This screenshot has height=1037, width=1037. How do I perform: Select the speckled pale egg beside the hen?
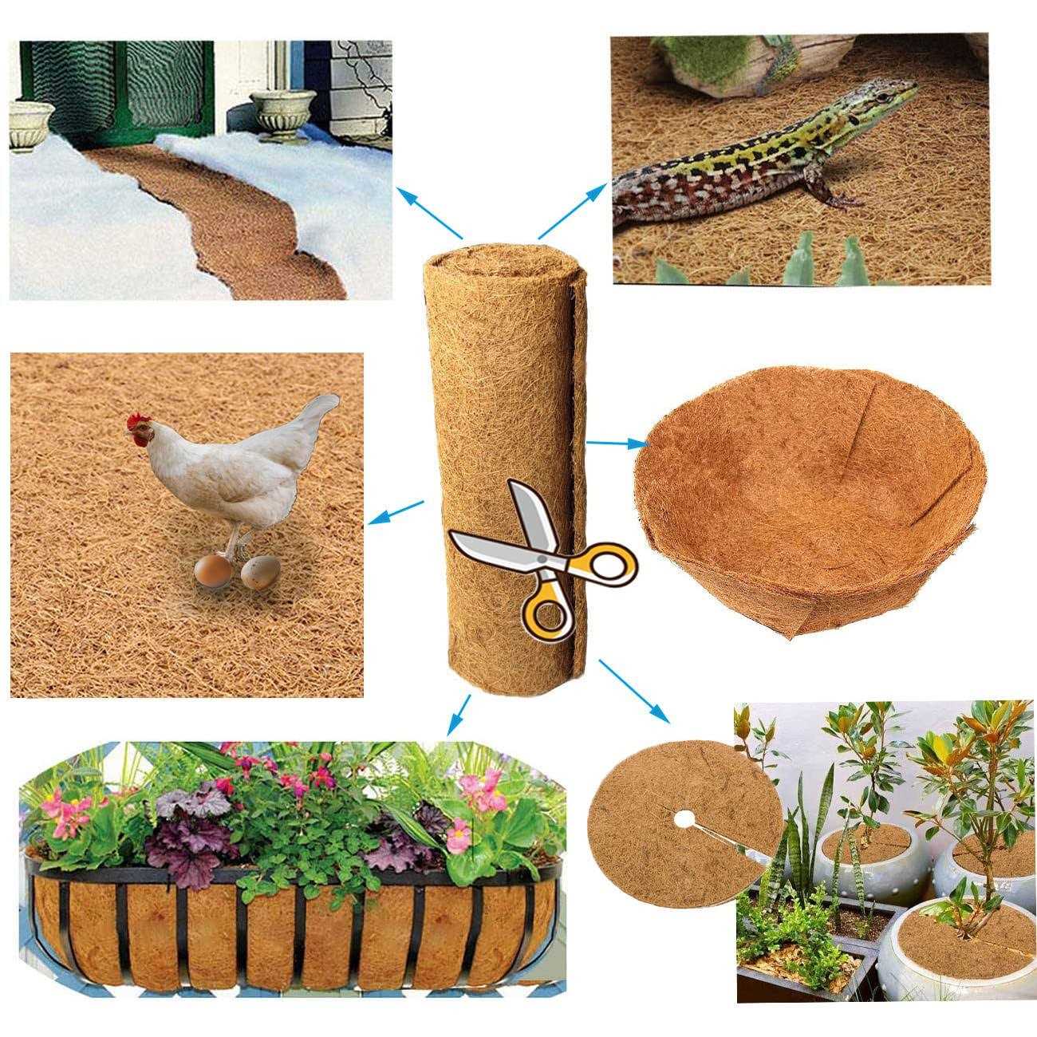(261, 572)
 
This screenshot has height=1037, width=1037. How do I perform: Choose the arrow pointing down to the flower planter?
(458, 715)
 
